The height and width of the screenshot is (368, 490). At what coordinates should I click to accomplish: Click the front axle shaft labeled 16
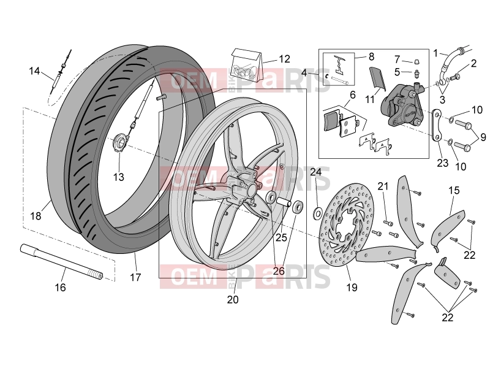click(62, 263)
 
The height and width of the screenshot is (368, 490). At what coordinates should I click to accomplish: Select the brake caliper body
click(401, 104)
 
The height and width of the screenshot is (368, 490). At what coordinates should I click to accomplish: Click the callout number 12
click(284, 59)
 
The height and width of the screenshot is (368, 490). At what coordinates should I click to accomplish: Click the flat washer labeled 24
click(317, 213)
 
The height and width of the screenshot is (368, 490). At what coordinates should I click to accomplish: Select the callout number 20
click(233, 299)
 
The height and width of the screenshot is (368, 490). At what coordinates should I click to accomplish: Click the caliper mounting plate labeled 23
click(437, 125)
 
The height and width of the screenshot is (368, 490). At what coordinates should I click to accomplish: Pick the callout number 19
click(352, 287)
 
